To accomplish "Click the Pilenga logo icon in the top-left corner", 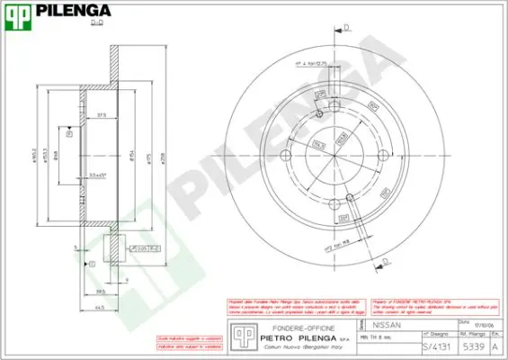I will (x=21, y=14).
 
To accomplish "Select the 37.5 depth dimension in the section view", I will (x=101, y=114).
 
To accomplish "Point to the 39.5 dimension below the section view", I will (x=100, y=292).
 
